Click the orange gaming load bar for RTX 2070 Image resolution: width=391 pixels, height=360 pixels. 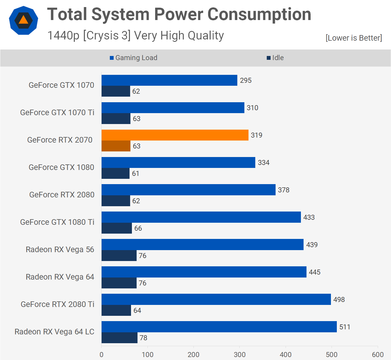(175, 135)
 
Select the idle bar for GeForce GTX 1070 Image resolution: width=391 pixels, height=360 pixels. (116, 91)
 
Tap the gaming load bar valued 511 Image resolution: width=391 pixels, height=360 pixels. (219, 327)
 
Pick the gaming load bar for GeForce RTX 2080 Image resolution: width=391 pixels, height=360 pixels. (188, 190)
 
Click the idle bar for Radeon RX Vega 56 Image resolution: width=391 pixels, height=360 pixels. (119, 256)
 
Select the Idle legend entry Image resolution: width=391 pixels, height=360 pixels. (275, 58)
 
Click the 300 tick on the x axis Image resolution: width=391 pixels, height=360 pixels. (240, 354)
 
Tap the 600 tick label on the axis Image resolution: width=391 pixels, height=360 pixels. (378, 354)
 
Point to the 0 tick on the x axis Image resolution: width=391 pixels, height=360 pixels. (102, 354)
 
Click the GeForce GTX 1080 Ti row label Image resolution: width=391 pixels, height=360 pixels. (57, 222)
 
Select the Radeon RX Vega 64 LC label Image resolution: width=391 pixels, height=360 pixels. (54, 332)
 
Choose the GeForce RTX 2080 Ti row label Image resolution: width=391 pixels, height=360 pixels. (57, 304)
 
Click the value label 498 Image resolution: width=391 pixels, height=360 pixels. (339, 300)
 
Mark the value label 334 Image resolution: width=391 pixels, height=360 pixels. (264, 163)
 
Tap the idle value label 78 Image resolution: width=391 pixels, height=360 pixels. (143, 338)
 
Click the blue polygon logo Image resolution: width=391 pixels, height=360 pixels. (24, 20)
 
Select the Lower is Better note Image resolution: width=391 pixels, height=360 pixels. (354, 38)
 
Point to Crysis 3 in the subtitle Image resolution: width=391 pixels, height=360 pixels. (107, 36)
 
